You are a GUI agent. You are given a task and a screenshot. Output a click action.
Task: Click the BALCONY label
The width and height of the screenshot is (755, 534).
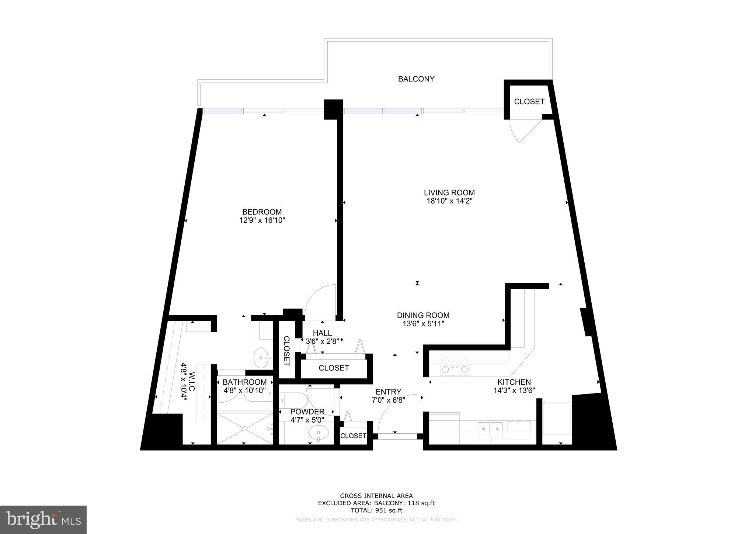tap(416, 79)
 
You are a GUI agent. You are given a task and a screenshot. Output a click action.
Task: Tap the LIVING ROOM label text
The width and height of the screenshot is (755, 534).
tap(449, 193)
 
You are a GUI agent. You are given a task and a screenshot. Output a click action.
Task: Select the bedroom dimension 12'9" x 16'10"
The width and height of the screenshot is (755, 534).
tap(262, 221)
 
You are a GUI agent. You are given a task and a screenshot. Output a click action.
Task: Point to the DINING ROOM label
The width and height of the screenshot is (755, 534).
tap(423, 315)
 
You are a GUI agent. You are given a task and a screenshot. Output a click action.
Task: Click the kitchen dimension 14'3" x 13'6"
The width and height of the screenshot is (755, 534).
tap(514, 390)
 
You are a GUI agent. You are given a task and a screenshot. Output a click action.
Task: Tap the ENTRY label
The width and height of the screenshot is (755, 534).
tap(388, 392)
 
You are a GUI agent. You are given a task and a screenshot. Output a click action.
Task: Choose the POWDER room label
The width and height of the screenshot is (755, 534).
tap(307, 412)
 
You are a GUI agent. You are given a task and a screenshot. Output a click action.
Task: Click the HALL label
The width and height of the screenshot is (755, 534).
tap(322, 333)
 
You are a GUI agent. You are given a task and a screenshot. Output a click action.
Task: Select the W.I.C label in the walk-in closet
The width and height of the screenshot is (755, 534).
tap(192, 382)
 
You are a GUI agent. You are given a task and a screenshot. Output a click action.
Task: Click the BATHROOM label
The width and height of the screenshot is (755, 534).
tap(244, 382)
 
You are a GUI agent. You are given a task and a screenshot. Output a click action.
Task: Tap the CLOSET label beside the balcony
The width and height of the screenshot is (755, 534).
tap(529, 102)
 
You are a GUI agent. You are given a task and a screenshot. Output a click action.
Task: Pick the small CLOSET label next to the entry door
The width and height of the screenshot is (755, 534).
tap(353, 436)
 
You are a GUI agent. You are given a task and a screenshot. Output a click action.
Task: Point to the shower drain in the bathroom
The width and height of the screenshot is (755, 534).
tap(244, 429)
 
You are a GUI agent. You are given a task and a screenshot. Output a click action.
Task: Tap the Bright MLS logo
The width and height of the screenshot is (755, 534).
tap(44, 520)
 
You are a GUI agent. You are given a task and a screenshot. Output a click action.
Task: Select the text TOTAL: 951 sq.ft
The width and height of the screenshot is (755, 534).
tap(376, 510)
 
